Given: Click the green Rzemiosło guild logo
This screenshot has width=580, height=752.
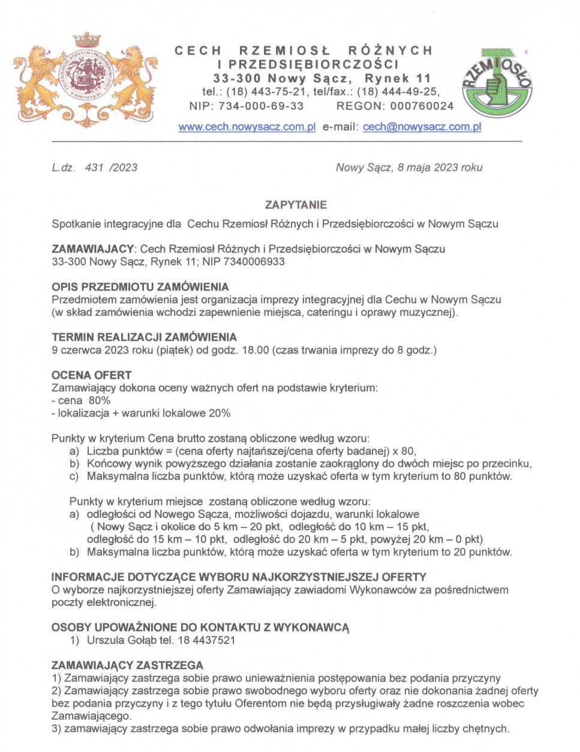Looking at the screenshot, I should [497, 83].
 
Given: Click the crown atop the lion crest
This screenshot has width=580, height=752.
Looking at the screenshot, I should [87, 41].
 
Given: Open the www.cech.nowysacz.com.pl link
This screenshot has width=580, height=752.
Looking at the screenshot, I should [247, 127].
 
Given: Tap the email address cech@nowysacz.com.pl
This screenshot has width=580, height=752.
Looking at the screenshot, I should [422, 127].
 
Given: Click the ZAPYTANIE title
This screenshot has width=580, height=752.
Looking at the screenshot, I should [296, 205].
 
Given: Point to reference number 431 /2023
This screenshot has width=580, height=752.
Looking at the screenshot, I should [111, 167].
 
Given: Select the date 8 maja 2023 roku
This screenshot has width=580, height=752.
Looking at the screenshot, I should [440, 167].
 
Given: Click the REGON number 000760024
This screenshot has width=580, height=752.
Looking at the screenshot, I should [422, 106].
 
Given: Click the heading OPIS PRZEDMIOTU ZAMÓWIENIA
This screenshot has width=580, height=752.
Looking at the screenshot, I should [140, 287].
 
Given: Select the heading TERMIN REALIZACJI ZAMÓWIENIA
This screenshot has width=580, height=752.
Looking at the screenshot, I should [144, 337].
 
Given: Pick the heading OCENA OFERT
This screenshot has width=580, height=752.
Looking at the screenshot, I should [91, 375].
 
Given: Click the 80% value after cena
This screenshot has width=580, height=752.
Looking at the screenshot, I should [100, 400].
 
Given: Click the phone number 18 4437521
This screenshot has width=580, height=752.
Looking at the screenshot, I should [206, 640].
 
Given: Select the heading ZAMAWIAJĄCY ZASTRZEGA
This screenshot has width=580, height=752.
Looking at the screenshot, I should [127, 665].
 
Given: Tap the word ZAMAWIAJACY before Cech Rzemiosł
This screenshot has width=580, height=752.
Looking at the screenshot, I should [92, 249].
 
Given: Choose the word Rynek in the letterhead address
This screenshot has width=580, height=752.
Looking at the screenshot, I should [386, 79].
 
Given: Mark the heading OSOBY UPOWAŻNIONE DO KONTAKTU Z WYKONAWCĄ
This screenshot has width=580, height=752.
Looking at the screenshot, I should [200, 627].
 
